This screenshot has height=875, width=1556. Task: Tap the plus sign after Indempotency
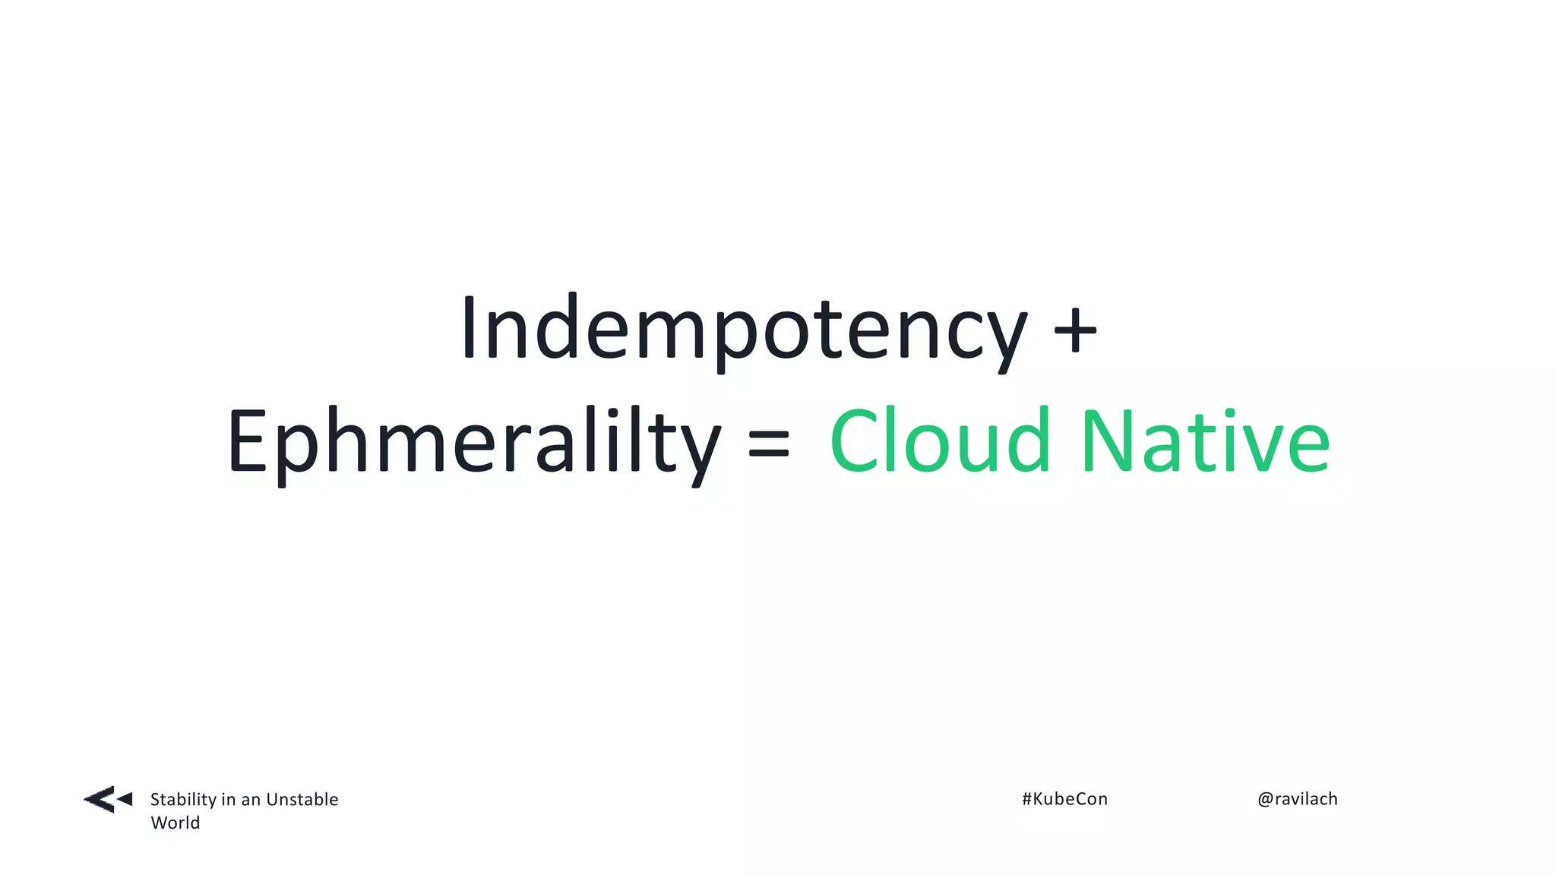1075,331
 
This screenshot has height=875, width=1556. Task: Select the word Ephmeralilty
473,442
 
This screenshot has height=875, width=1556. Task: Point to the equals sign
769,444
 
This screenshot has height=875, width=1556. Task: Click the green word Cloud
940,441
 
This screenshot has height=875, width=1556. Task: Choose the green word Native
1205,441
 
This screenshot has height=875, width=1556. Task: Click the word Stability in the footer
183,800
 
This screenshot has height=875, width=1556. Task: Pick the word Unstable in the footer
302,799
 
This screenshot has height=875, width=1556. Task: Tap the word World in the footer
175,823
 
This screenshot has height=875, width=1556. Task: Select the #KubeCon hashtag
1064,799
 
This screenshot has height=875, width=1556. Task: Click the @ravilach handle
1297,799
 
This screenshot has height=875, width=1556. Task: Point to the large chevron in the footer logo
100,800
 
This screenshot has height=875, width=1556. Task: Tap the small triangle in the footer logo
125,799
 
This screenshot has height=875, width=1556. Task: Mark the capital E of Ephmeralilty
246,441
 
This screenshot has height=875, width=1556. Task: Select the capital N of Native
1107,441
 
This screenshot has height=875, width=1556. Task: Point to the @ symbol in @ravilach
1265,799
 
